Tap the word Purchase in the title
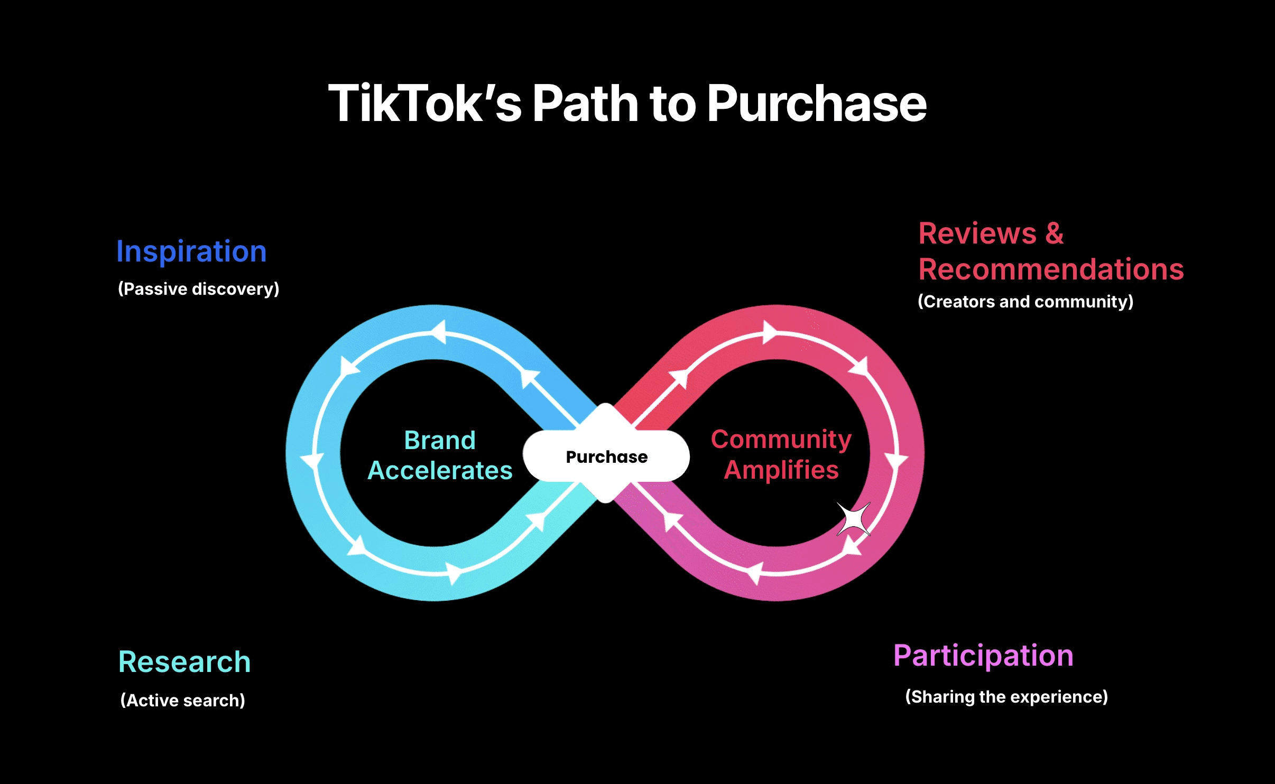coord(817,104)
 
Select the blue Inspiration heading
coord(191,251)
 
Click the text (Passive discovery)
coord(198,289)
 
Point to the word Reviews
coord(977,234)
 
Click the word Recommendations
coord(1051,269)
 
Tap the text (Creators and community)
coord(1025,302)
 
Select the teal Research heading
coord(184,662)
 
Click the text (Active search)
coord(183,701)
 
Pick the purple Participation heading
coord(983,656)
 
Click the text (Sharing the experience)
coord(1006,697)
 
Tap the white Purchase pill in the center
coord(606,456)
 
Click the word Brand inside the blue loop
coord(440,440)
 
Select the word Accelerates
coord(440,470)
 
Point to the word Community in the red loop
coord(781,439)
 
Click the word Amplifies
coord(781,470)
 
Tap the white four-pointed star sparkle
coord(853,519)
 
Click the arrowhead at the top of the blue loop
coord(439,332)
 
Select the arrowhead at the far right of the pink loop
coord(897,461)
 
